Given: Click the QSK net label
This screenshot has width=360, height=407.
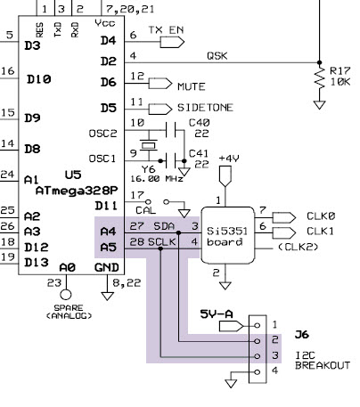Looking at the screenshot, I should tap(217, 54).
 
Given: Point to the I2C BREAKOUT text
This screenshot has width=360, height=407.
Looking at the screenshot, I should tap(324, 361).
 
